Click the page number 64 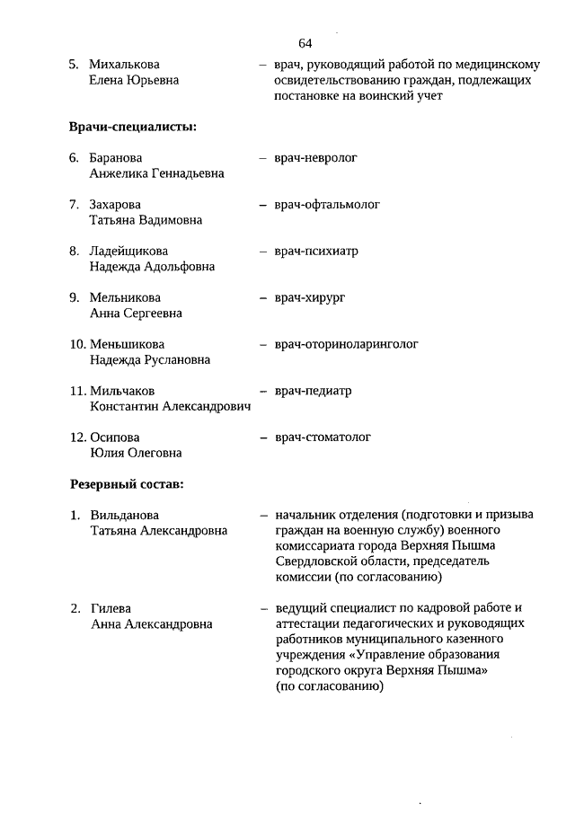point(305,42)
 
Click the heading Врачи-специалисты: point(133,127)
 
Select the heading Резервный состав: point(127,484)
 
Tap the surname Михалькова point(125,65)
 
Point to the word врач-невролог point(316,158)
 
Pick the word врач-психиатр point(317,252)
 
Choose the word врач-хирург point(311,297)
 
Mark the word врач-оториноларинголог point(347,344)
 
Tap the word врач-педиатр point(314,391)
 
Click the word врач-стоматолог point(323,437)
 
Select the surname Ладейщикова point(128,252)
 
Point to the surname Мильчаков point(122,391)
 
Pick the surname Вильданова point(124,516)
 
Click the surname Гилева point(110,608)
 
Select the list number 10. point(77,344)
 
